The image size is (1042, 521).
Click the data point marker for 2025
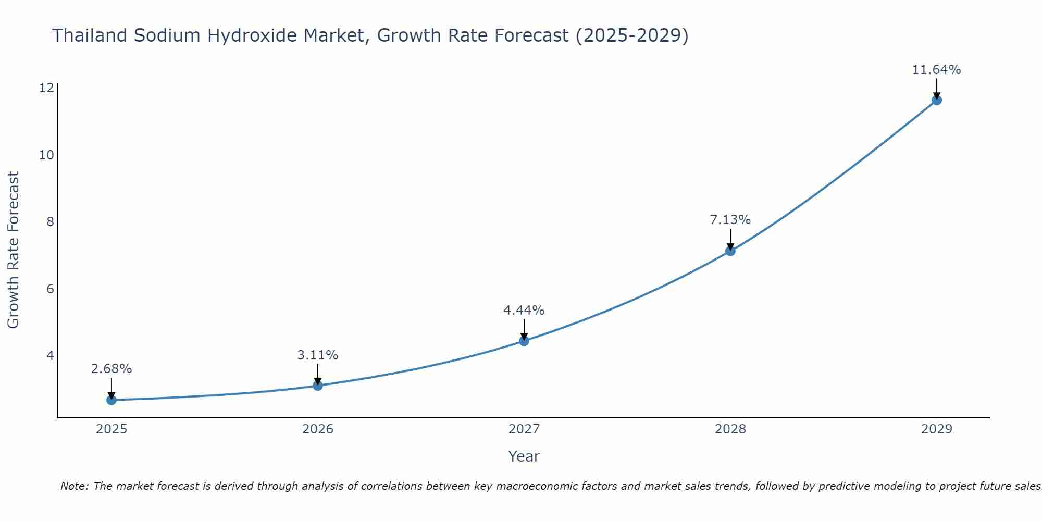(111, 400)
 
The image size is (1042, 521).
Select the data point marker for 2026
(318, 386)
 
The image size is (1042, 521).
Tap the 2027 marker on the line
(524, 341)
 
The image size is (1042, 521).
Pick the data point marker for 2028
(730, 251)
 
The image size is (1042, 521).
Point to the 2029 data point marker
(936, 100)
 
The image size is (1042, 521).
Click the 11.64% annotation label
(936, 70)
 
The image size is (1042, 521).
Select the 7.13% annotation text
(730, 220)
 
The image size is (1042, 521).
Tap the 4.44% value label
(524, 311)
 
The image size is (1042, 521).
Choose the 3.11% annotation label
(318, 355)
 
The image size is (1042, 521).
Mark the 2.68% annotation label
(111, 369)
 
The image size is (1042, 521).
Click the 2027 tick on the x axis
(524, 429)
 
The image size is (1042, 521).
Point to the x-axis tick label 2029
(936, 429)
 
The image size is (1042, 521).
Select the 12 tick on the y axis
(46, 88)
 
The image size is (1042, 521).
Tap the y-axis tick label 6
(50, 289)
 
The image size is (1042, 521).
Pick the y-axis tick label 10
(46, 155)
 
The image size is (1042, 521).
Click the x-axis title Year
(524, 456)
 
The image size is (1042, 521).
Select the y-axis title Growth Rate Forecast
(13, 250)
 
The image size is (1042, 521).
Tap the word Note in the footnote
(75, 486)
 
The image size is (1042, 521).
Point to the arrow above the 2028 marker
(730, 239)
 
